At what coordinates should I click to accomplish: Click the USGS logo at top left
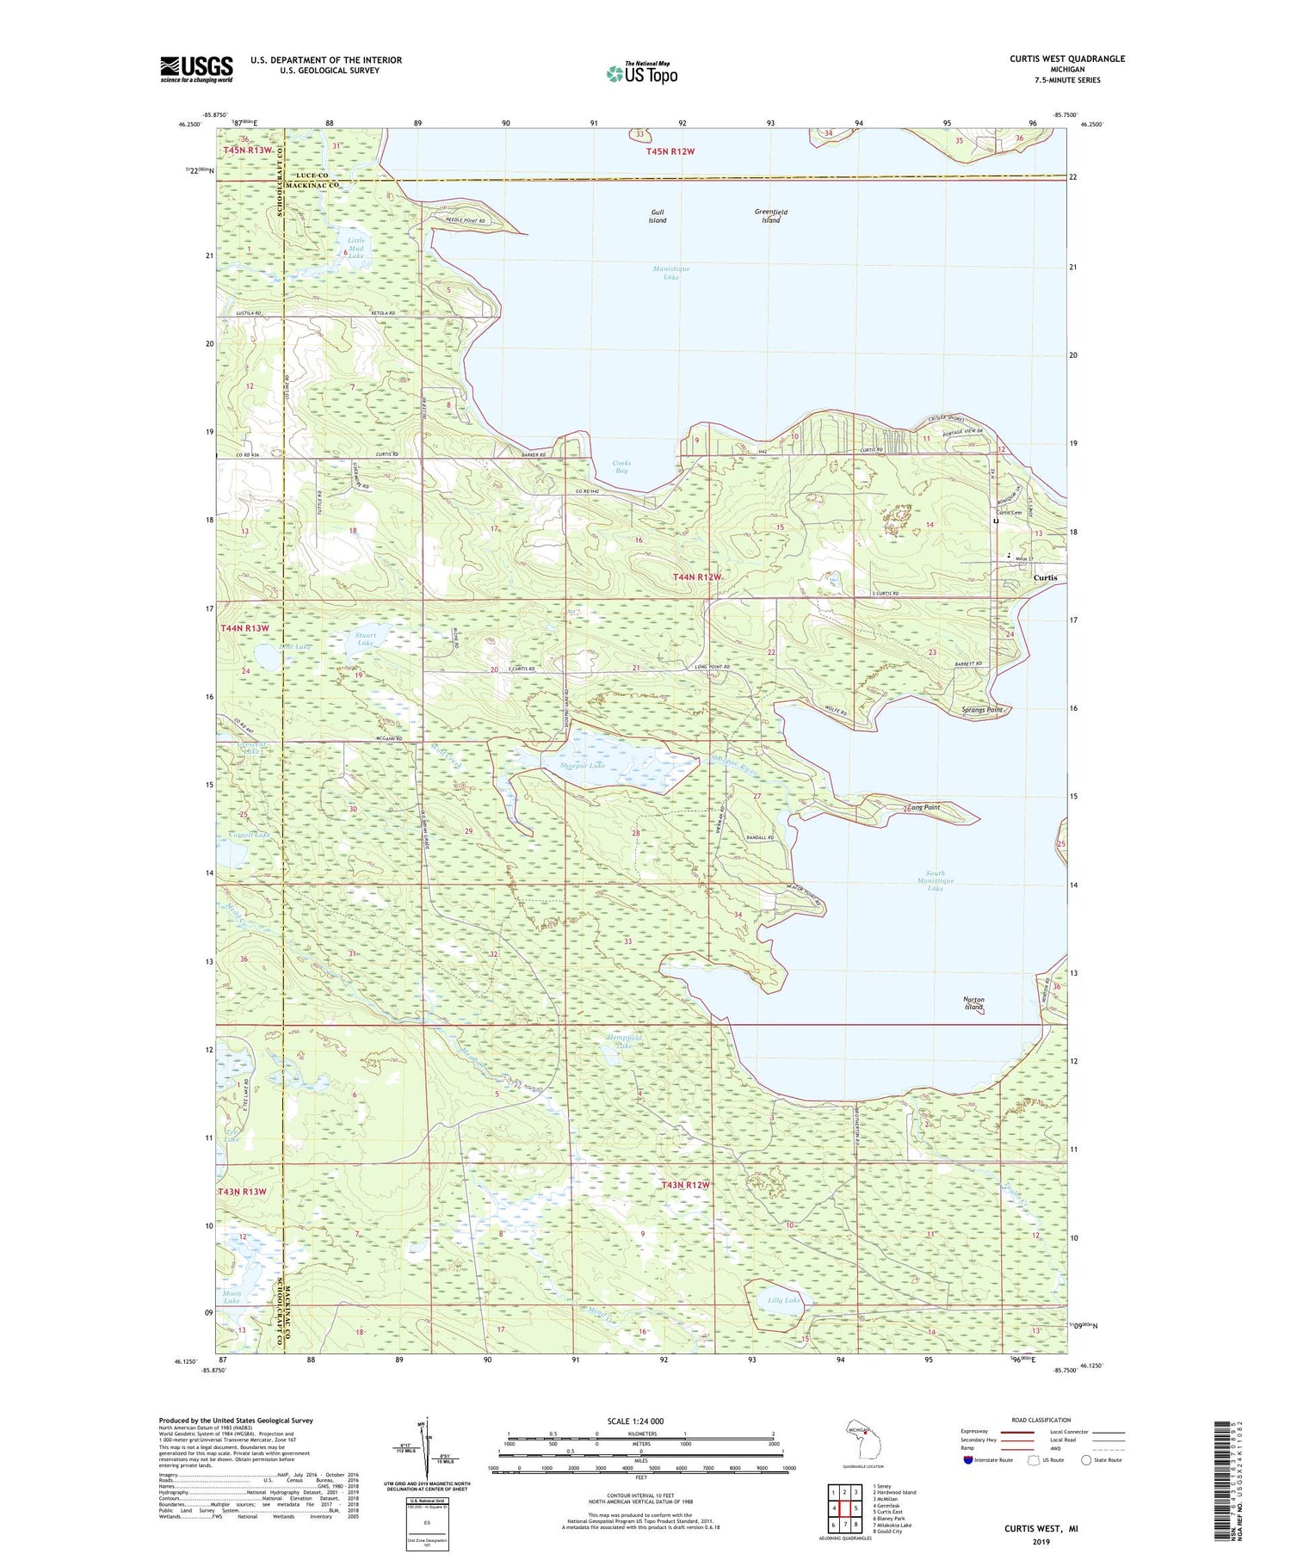(196, 69)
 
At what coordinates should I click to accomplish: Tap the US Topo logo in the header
(642, 74)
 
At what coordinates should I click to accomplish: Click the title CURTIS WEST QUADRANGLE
(1067, 59)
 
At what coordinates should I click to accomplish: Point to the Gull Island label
(657, 216)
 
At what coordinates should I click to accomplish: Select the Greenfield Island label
(770, 216)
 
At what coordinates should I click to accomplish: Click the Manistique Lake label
(671, 273)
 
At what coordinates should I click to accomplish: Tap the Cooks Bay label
(621, 467)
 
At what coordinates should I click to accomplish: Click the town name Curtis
(1045, 578)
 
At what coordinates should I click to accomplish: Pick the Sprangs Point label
(982, 710)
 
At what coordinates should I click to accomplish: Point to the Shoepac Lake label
(583, 765)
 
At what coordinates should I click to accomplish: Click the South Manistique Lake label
(936, 880)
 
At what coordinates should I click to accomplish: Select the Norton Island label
(973, 1003)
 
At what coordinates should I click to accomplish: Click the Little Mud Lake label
(356, 249)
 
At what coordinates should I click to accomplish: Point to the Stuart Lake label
(366, 639)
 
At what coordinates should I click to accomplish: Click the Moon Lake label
(232, 1297)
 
